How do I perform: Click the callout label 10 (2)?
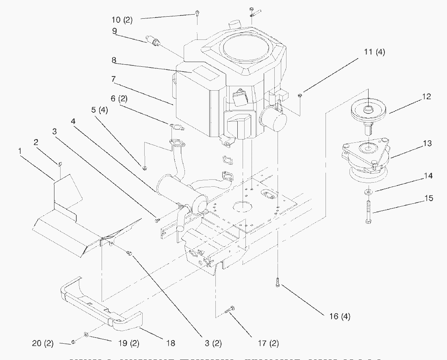(122, 19)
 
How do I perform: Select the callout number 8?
(114, 60)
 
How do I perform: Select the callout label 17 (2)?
(269, 344)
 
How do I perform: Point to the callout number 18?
(171, 343)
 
